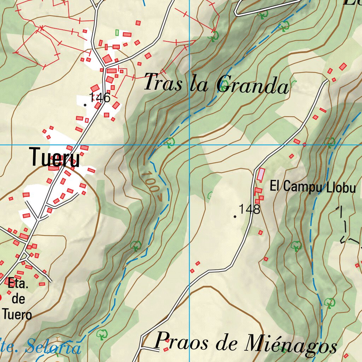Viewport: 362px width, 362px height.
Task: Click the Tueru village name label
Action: (x=55, y=157)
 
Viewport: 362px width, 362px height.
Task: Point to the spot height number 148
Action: (x=250, y=209)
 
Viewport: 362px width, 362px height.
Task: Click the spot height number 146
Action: (x=100, y=98)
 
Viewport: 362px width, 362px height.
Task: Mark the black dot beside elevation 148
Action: (x=235, y=216)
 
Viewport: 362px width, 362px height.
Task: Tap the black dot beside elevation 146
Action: (x=85, y=105)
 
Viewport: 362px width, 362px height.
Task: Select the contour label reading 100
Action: (x=151, y=183)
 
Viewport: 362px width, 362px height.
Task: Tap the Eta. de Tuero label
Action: (x=18, y=299)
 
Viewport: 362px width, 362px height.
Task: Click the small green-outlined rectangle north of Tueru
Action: (x=117, y=33)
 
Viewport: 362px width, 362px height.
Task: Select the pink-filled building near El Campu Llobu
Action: (x=261, y=174)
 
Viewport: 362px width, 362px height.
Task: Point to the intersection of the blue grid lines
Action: (x=189, y=145)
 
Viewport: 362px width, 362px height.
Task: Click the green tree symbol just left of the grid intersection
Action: (x=170, y=142)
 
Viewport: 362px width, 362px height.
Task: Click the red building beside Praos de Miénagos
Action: (x=167, y=349)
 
